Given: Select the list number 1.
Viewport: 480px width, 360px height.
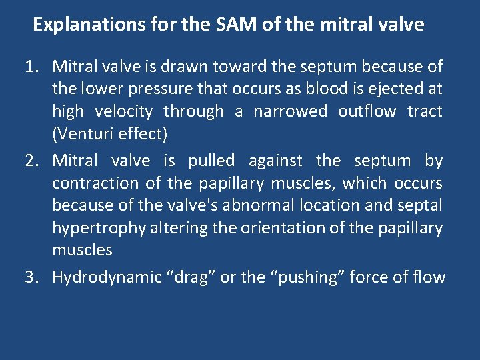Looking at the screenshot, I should pos(31,67).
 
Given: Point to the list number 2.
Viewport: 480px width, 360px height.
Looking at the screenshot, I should pos(31,161).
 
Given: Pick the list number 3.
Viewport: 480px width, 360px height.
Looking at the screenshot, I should pos(31,277).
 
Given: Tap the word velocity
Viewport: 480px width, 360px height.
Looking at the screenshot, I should pos(124,111).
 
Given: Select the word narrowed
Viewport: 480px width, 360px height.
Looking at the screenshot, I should pos(290,111).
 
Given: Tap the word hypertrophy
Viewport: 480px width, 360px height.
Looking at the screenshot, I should pos(99,228).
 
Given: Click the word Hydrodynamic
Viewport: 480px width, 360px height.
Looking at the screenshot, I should pos(105,277).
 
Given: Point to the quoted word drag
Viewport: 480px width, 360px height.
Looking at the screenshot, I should pos(193,277).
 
